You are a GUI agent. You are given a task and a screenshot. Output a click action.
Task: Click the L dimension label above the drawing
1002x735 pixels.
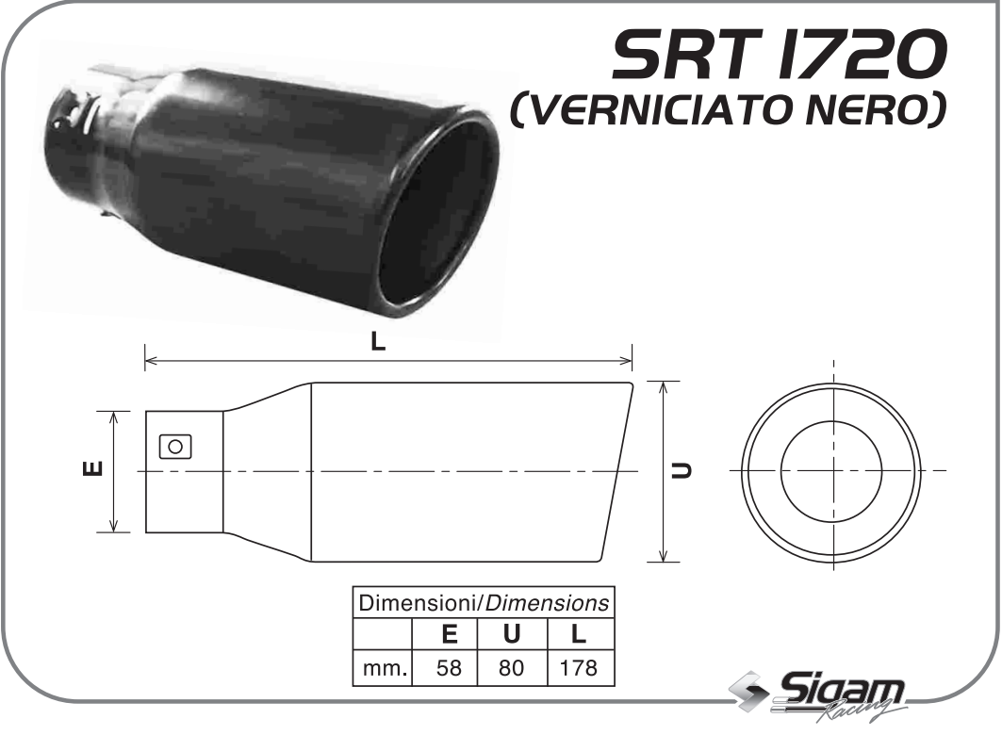click(378, 343)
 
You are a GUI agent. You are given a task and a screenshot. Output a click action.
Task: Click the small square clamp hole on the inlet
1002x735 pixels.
click(174, 446)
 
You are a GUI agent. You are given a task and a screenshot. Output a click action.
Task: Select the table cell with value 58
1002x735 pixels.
click(450, 669)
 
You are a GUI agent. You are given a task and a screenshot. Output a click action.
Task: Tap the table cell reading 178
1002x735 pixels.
click(579, 669)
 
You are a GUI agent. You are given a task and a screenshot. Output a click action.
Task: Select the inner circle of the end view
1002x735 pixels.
click(832, 471)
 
